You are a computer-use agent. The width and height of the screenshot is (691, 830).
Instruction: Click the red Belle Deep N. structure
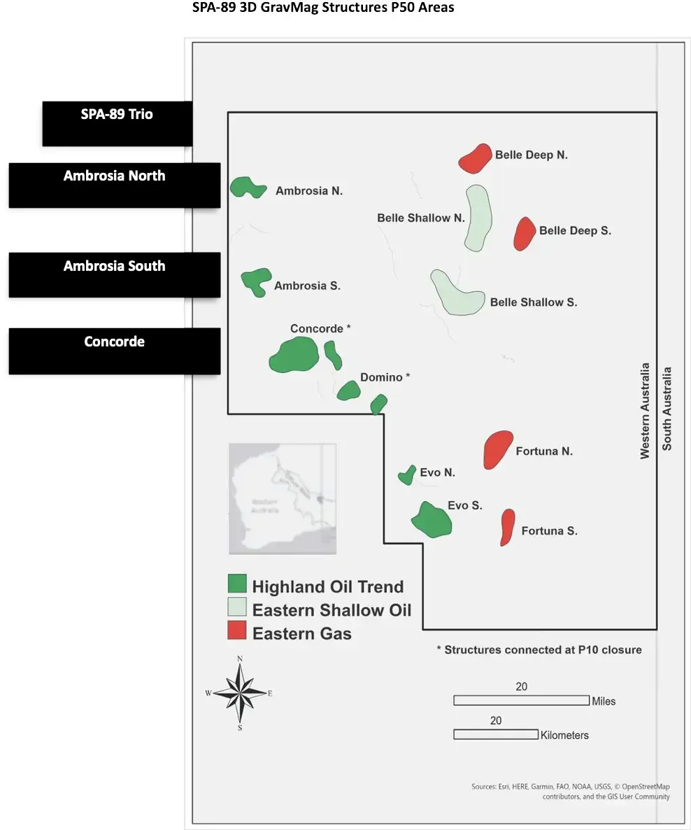tap(474, 158)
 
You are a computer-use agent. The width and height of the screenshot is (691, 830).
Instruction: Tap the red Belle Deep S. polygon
tap(524, 234)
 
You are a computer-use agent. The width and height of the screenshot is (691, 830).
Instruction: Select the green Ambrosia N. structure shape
tap(246, 188)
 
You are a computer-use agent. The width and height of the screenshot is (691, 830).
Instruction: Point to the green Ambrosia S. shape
tap(256, 281)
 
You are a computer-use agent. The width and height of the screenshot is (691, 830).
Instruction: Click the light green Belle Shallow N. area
tap(478, 217)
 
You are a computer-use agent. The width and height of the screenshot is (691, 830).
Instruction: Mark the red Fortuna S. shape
tap(508, 526)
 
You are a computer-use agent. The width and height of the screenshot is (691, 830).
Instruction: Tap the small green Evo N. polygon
tap(406, 475)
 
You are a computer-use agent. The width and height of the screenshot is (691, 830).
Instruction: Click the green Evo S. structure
tap(431, 520)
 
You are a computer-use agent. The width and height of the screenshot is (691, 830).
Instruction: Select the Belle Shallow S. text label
tap(533, 302)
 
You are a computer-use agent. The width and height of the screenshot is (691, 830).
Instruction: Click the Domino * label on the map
tap(385, 377)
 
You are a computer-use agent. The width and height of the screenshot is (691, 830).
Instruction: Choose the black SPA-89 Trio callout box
tap(117, 124)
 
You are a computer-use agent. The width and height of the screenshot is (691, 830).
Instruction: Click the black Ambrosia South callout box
tap(114, 275)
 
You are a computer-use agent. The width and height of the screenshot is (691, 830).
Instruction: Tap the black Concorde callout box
tap(114, 351)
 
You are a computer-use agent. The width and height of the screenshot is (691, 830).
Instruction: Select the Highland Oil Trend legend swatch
tap(237, 584)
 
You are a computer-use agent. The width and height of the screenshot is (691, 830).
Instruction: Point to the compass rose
tap(240, 694)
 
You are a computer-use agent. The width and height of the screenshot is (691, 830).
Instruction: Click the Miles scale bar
tap(521, 700)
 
